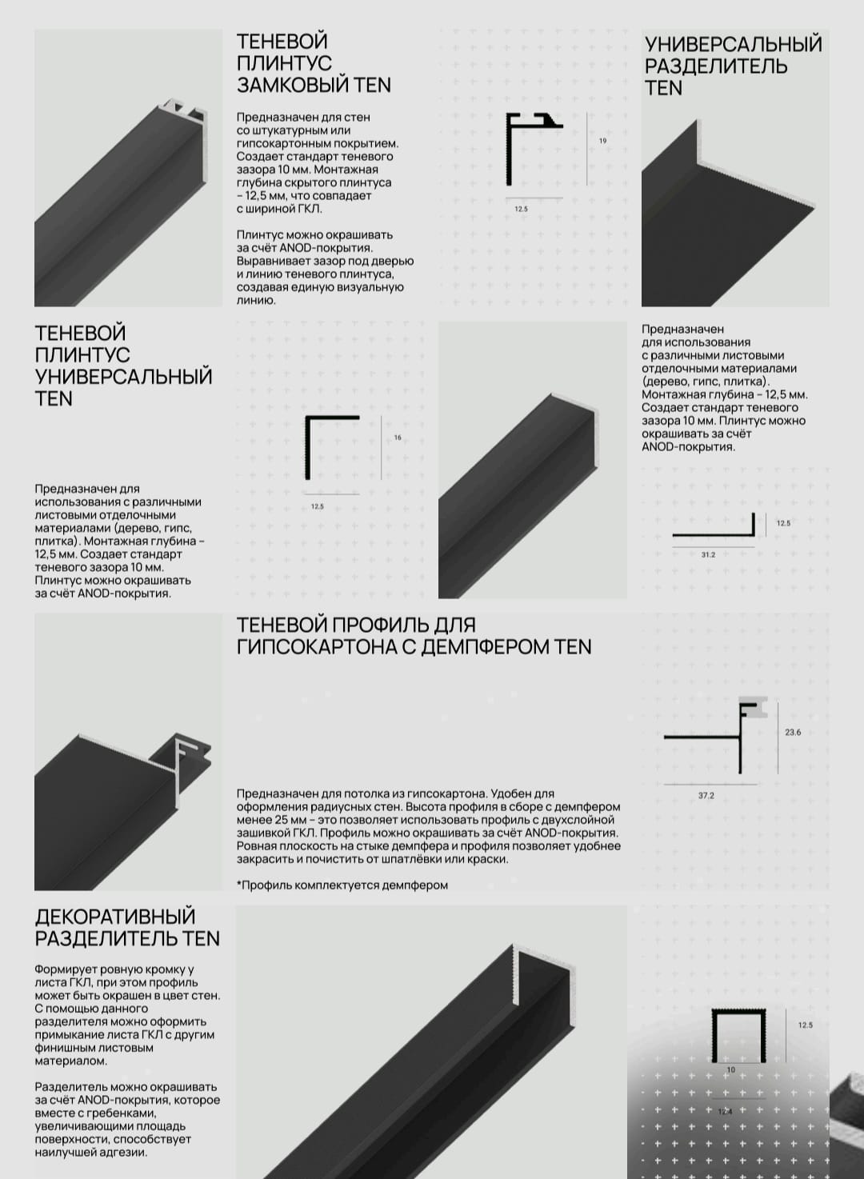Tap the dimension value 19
[x=603, y=141]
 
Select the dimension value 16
[x=398, y=438]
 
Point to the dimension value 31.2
[x=708, y=555]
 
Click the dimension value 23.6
[x=793, y=732]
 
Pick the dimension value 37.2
[x=706, y=795]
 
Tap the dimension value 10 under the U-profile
[x=730, y=1069]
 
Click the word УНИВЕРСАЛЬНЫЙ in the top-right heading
[x=734, y=45]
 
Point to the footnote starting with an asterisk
[x=342, y=885]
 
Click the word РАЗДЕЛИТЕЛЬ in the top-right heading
[x=716, y=66]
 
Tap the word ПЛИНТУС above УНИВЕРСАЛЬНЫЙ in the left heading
[x=82, y=355]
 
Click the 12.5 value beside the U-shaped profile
[x=805, y=1025]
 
